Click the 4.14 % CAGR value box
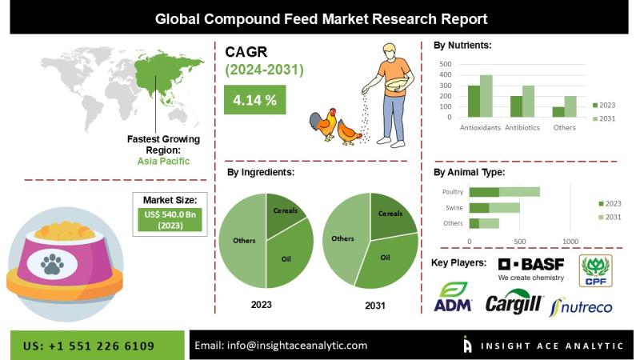pyautogui.click(x=254, y=99)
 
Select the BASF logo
pyautogui.click(x=531, y=269)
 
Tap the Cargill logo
pyautogui.click(x=514, y=302)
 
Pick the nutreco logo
pyautogui.click(x=582, y=307)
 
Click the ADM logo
pyautogui.click(x=453, y=297)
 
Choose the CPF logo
pyautogui.click(x=595, y=270)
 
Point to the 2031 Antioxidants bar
pyautogui.click(x=486, y=96)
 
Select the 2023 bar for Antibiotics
pyautogui.click(x=516, y=106)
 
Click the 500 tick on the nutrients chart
pyautogui.click(x=446, y=64)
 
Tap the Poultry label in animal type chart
pyautogui.click(x=453, y=192)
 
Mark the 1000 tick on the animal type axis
pyautogui.click(x=570, y=242)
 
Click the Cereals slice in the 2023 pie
pyautogui.click(x=285, y=214)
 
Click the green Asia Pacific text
pyautogui.click(x=163, y=162)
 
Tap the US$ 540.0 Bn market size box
pyautogui.click(x=170, y=219)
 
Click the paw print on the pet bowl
pyautogui.click(x=52, y=264)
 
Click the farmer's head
pyautogui.click(x=390, y=52)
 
